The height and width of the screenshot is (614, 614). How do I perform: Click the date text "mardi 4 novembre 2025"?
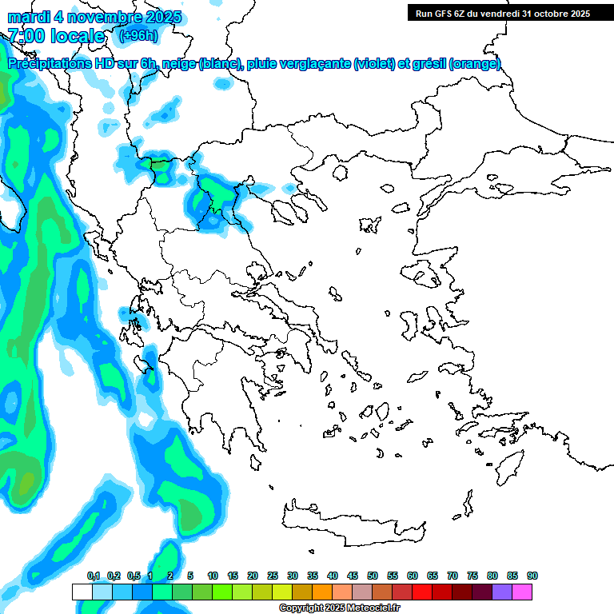[94, 17]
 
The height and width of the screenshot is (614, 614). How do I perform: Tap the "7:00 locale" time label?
[56, 36]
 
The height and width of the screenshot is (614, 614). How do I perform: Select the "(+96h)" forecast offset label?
[138, 35]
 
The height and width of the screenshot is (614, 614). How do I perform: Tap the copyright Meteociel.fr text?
[340, 608]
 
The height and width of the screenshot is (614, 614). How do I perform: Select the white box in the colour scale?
[82, 592]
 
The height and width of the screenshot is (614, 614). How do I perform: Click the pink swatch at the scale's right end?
[522, 592]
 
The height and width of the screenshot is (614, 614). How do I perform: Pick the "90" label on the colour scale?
[532, 576]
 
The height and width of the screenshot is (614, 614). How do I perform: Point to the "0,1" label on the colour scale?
[94, 576]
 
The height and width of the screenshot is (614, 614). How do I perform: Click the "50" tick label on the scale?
[373, 576]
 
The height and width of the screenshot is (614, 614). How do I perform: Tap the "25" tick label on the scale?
[273, 576]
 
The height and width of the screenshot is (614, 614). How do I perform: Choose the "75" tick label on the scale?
[472, 576]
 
